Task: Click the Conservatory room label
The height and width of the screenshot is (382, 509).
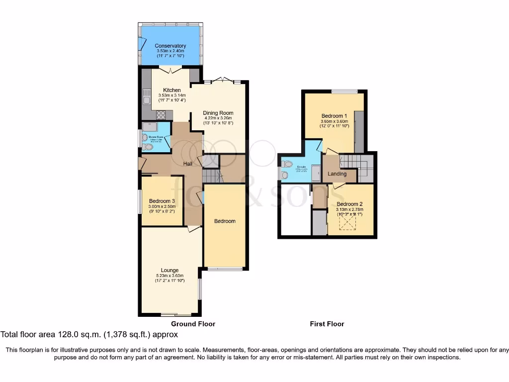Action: click(x=170, y=46)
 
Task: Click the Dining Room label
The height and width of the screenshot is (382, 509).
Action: click(x=218, y=113)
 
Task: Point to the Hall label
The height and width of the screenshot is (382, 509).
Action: click(x=188, y=164)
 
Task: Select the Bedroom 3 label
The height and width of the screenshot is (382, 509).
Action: click(x=162, y=201)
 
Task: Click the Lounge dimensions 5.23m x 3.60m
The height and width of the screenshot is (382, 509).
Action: click(x=170, y=276)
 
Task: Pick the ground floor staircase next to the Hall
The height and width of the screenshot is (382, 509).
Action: click(x=212, y=176)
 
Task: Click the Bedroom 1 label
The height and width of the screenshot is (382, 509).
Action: click(x=335, y=115)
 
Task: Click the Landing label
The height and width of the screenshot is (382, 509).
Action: click(x=338, y=174)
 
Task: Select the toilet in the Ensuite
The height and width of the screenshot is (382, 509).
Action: click(x=287, y=164)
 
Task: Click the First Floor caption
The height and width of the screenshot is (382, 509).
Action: click(x=327, y=324)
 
